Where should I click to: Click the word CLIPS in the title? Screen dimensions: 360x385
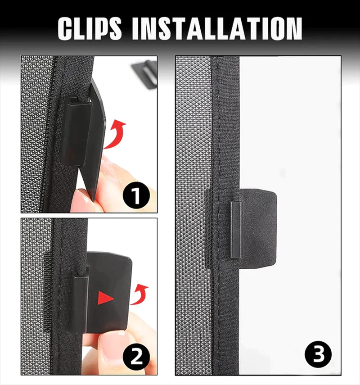pos(90,28)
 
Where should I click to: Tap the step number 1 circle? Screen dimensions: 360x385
pos(136,196)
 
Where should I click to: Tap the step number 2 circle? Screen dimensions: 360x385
pos(136,356)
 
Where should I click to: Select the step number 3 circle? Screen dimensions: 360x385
pos(318,354)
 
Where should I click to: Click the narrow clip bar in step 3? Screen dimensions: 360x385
pos(236,230)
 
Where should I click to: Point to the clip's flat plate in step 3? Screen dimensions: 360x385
pos(258,229)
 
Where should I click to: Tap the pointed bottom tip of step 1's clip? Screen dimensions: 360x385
pos(94,200)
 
